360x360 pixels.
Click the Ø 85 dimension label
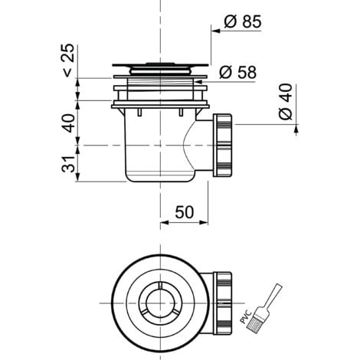pyautogui.click(x=243, y=21)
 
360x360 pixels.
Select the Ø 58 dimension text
pyautogui.click(x=237, y=72)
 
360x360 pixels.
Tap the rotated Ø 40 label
pyautogui.click(x=286, y=102)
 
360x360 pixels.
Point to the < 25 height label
pyautogui.click(x=68, y=61)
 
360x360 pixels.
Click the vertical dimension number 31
pyautogui.click(x=68, y=163)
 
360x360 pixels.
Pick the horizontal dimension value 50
pyautogui.click(x=185, y=212)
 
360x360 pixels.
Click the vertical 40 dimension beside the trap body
pyautogui.click(x=68, y=123)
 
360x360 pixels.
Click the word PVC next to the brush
pyautogui.click(x=246, y=316)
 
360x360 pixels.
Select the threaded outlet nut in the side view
pyautogui.click(x=223, y=145)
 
